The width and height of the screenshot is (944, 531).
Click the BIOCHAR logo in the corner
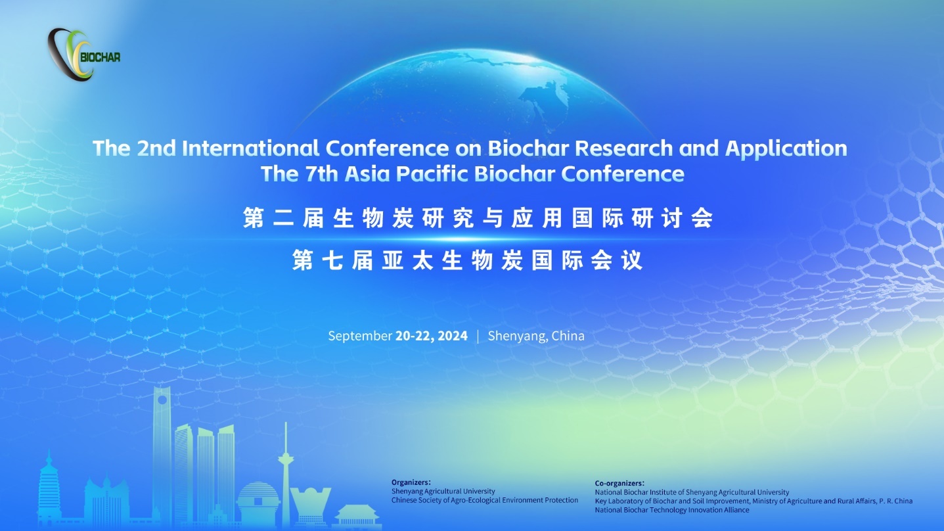[x=83, y=55]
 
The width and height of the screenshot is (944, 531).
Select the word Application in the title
[x=786, y=149]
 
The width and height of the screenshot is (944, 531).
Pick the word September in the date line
[x=360, y=336]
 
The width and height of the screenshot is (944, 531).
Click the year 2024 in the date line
[x=453, y=336]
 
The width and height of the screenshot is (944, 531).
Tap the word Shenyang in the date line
[x=518, y=336]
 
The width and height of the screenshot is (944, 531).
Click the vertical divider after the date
[x=478, y=336]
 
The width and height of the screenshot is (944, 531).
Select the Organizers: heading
[x=411, y=482]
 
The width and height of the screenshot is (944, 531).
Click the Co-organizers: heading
[x=619, y=484]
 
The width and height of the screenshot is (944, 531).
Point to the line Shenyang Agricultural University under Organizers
[x=443, y=492]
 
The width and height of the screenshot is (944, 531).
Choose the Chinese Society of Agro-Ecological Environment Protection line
[x=485, y=500]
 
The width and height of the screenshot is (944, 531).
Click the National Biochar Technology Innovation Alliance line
[x=672, y=510]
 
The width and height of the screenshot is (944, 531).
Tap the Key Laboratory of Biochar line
[x=753, y=501]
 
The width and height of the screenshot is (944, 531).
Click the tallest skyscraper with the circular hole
[x=162, y=455]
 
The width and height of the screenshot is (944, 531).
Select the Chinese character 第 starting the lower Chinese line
[x=303, y=260]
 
